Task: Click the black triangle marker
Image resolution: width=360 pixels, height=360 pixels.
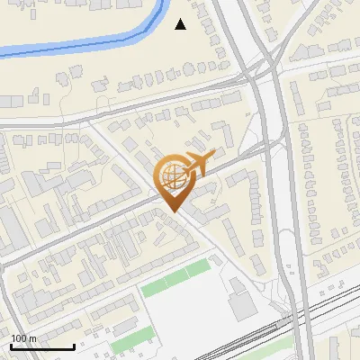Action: (181, 24)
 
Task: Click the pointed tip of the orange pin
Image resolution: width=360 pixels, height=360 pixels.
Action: (173, 210)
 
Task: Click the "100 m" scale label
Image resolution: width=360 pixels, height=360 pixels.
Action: (24, 337)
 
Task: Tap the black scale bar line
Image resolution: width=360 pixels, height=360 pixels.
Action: (42, 346)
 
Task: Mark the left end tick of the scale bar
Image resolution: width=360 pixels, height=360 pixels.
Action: (11, 346)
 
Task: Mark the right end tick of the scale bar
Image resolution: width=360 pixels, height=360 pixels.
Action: (74, 346)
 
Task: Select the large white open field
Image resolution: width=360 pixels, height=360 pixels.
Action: (184, 315)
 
